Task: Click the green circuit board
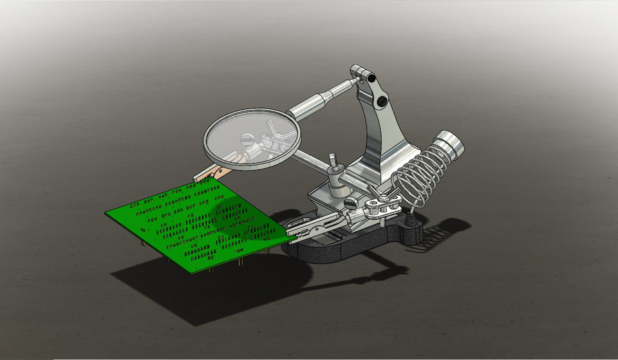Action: pyautogui.click(x=193, y=225)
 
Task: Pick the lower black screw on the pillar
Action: pyautogui.click(x=382, y=101)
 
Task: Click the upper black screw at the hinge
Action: pyautogui.click(x=371, y=77)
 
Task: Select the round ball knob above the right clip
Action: pyautogui.click(x=351, y=204)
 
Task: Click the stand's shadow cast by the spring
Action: pyautogui.click(x=451, y=229)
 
